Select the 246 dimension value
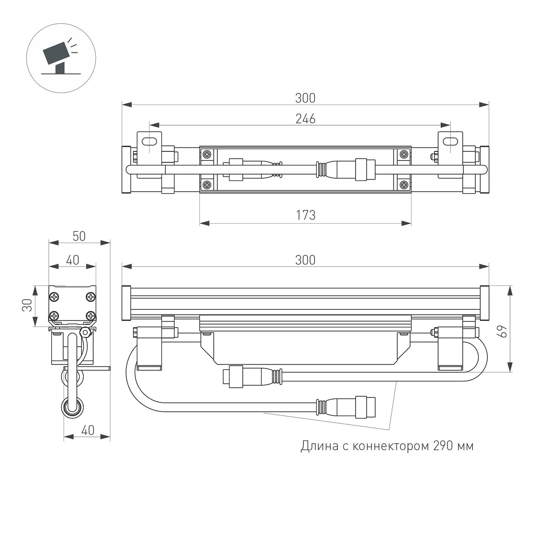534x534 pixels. (305, 119)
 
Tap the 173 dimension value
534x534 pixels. (305, 215)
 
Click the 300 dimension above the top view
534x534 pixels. (305, 98)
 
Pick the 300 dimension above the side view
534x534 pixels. (305, 260)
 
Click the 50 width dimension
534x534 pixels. (79, 236)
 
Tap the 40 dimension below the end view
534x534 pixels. (88, 430)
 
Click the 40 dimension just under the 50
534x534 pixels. (72, 260)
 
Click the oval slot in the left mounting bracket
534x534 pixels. (150, 141)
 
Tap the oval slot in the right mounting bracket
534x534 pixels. (450, 141)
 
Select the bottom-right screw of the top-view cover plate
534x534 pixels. (404, 184)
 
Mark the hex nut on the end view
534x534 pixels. (85, 332)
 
